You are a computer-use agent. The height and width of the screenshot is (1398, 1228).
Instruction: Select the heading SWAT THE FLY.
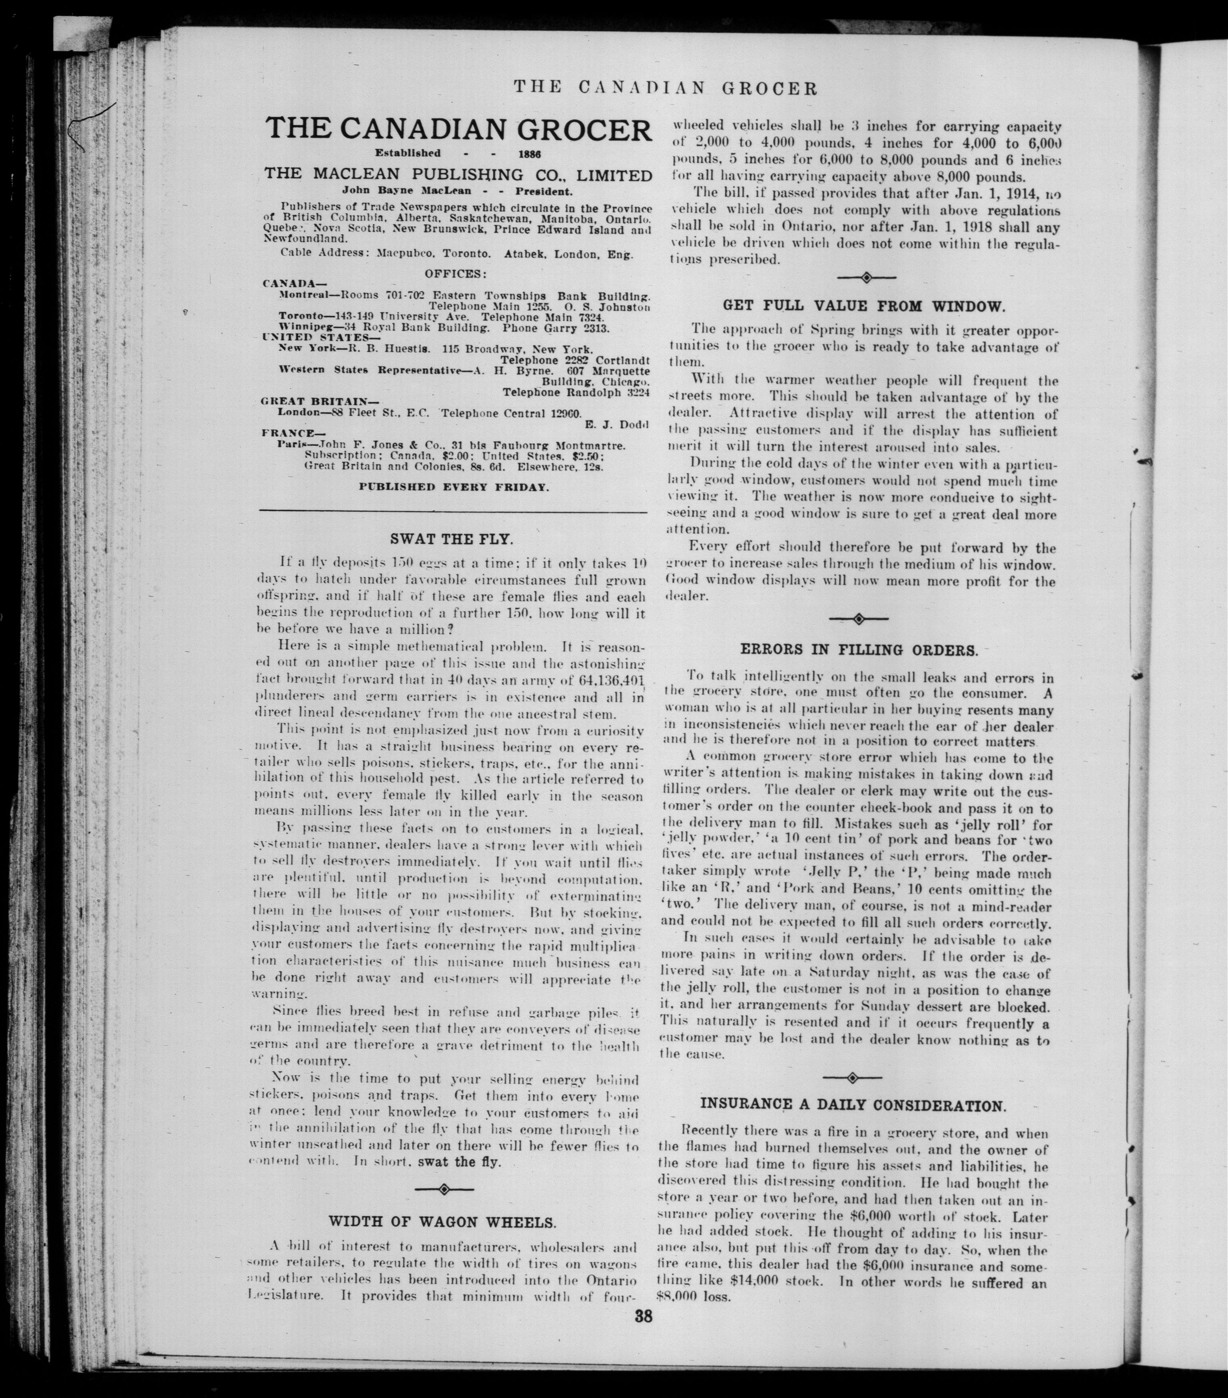pyautogui.click(x=451, y=539)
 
